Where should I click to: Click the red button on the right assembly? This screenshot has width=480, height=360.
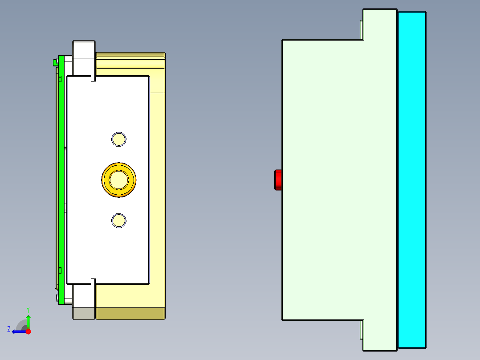point(278,180)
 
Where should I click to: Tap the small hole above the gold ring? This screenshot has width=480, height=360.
point(118,139)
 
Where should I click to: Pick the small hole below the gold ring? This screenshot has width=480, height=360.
point(118,221)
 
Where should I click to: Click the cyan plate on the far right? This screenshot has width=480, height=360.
point(412,180)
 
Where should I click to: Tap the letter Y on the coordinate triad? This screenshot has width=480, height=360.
point(28,309)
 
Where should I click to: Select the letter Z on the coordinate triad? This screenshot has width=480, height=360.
point(9,329)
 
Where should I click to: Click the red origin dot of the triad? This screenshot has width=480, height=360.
point(28,331)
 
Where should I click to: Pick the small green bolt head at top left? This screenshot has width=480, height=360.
point(55,62)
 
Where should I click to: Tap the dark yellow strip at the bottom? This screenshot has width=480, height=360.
point(130,314)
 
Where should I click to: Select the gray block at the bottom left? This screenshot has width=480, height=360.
point(84,314)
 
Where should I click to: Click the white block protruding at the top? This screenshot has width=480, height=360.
point(84,49)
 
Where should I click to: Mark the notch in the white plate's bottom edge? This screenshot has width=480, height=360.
point(93,281)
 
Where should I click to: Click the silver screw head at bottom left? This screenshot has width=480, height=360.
point(57,297)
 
